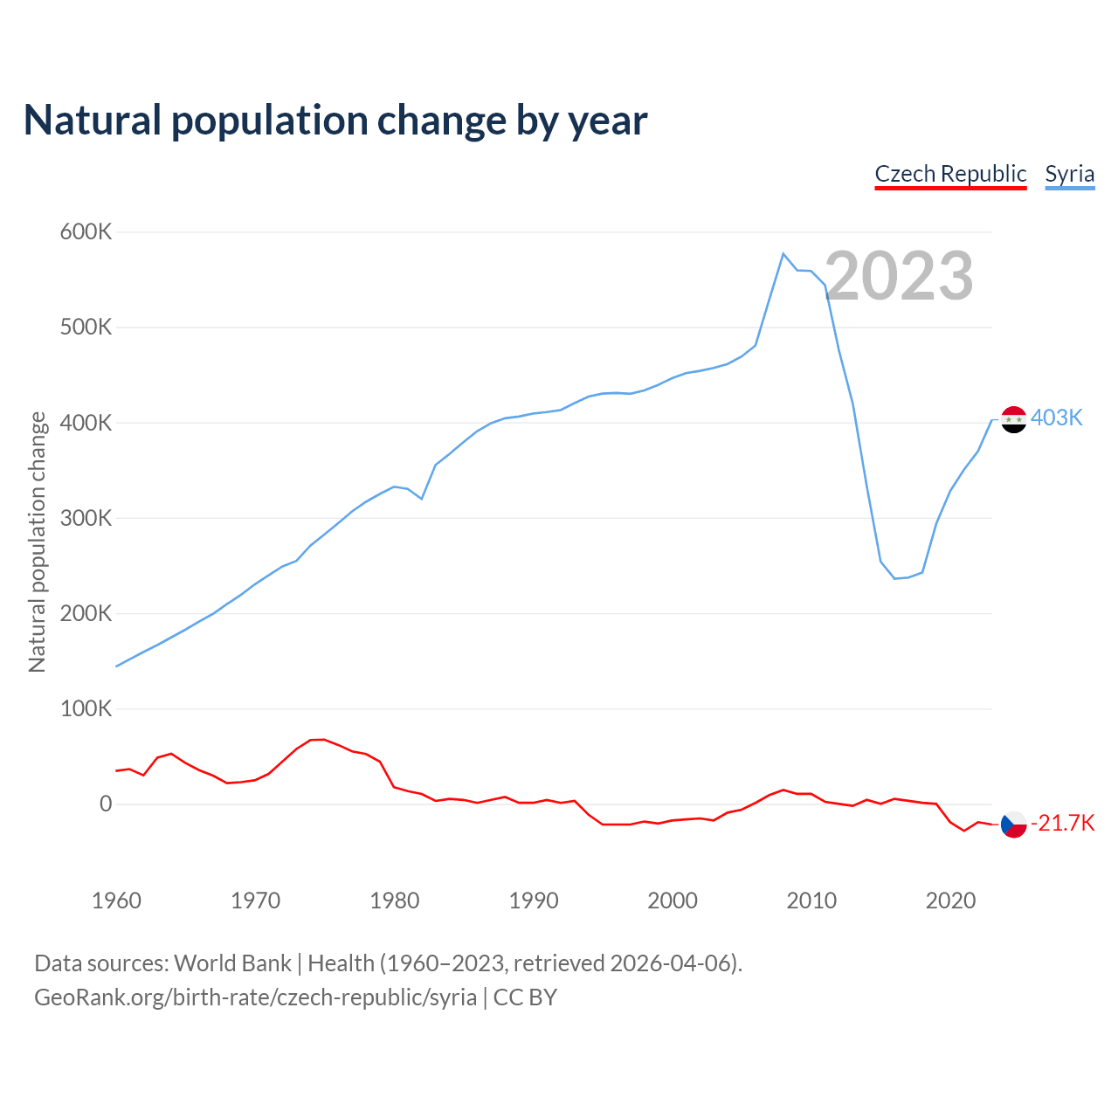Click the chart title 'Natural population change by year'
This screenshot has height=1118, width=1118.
pyautogui.click(x=335, y=121)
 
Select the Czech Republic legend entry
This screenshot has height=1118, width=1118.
pyautogui.click(x=950, y=174)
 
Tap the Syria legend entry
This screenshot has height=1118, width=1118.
pyautogui.click(x=1069, y=174)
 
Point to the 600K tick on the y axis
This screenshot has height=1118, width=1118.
pyautogui.click(x=86, y=232)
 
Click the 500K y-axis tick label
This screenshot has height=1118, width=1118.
pyautogui.click(x=86, y=328)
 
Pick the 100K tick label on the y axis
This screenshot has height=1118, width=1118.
pyautogui.click(x=86, y=708)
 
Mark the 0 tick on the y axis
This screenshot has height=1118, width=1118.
pyautogui.click(x=106, y=804)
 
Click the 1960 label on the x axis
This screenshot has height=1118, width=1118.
pyautogui.click(x=116, y=901)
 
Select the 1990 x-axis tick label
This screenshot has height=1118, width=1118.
pyautogui.click(x=534, y=901)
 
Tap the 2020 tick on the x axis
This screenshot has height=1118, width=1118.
pyautogui.click(x=950, y=901)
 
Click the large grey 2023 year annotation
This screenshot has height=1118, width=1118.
pyautogui.click(x=899, y=276)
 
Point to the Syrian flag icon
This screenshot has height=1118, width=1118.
pyautogui.click(x=1013, y=419)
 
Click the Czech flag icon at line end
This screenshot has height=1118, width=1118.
pyautogui.click(x=1013, y=824)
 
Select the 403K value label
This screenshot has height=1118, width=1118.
pyautogui.click(x=1056, y=418)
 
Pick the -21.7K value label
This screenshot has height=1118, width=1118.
pyautogui.click(x=1062, y=823)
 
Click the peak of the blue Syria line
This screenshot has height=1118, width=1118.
pyautogui.click(x=783, y=253)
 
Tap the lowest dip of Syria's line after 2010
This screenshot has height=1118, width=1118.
pyautogui.click(x=894, y=578)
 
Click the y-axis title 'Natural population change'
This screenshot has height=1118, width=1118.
pyautogui.click(x=38, y=542)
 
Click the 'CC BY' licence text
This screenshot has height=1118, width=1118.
pyautogui.click(x=525, y=997)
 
